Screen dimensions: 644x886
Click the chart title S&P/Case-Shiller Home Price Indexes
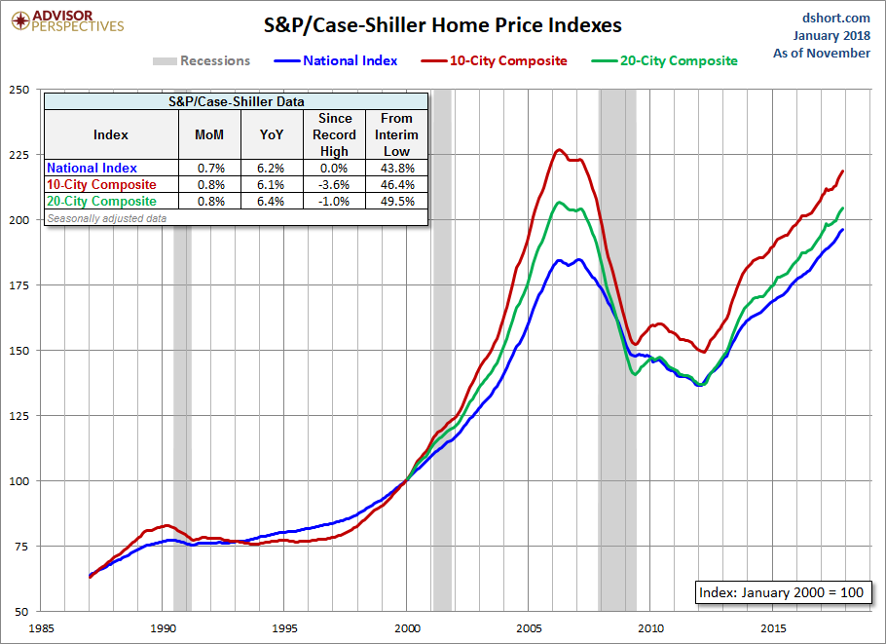click(x=442, y=24)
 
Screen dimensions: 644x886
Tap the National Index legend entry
click(x=350, y=60)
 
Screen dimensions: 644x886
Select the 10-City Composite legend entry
click(x=507, y=60)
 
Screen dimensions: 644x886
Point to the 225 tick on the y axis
click(x=18, y=154)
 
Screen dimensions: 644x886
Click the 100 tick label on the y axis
click(x=18, y=480)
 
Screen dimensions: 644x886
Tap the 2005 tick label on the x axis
click(x=530, y=627)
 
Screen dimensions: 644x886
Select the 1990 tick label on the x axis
click(x=164, y=627)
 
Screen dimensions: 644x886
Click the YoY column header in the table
click(x=271, y=134)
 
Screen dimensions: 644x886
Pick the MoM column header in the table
click(x=209, y=134)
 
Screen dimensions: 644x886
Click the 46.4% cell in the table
click(x=397, y=184)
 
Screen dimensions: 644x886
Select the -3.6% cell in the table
click(x=334, y=184)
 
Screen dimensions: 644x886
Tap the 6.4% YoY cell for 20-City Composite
click(x=271, y=201)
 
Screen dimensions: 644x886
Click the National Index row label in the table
click(x=92, y=168)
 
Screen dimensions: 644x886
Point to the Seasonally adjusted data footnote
click(x=106, y=218)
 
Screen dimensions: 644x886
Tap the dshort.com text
click(x=836, y=18)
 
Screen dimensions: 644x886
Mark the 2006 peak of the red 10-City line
click(x=558, y=149)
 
